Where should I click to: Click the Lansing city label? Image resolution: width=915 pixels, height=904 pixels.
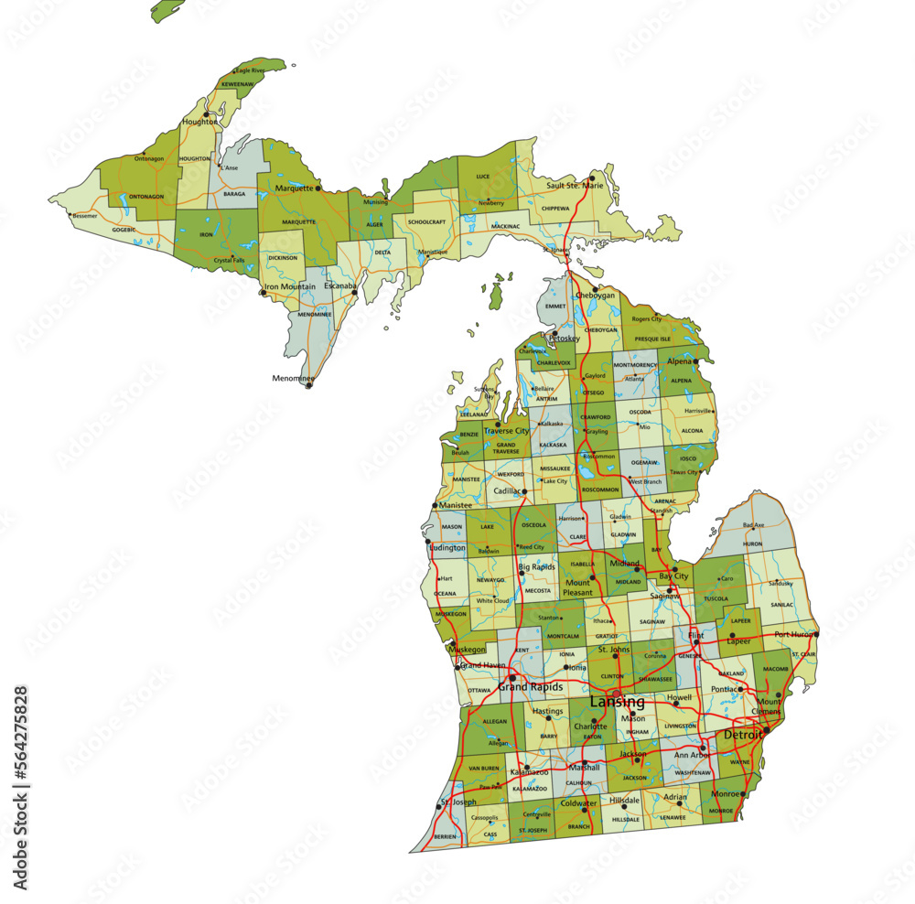click(617, 702)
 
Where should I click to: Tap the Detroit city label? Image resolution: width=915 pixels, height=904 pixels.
click(742, 735)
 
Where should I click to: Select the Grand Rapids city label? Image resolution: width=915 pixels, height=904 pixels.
click(530, 685)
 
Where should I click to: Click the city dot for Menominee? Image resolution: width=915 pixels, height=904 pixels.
click(308, 385)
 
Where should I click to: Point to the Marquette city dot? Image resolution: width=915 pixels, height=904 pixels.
click(318, 188)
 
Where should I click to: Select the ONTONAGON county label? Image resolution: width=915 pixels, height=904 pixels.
click(145, 196)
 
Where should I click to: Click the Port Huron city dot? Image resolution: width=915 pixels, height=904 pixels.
click(816, 633)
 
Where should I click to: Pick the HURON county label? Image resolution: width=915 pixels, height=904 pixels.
click(752, 543)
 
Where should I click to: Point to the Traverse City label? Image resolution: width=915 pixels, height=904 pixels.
click(506, 430)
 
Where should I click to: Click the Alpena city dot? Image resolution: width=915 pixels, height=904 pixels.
click(696, 361)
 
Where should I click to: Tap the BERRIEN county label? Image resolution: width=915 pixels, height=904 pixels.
click(445, 837)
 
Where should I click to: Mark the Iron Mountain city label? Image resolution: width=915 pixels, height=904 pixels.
click(290, 286)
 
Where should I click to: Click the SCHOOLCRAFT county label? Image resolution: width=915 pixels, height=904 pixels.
click(426, 221)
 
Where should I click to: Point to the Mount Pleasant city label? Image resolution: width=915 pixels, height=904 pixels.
click(577, 587)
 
